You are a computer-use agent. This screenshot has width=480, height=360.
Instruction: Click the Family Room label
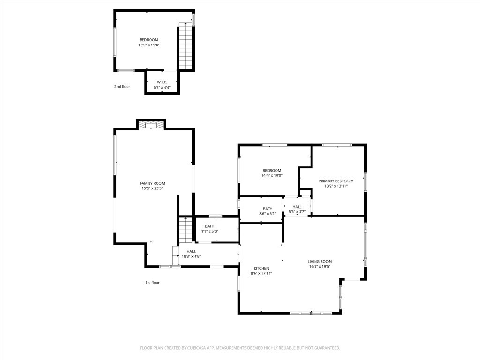click(152, 183)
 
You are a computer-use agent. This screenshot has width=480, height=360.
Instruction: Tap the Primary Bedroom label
click(336, 181)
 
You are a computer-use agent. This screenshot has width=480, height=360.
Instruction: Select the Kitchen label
click(261, 268)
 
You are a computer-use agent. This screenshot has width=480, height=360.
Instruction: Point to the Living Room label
click(320, 262)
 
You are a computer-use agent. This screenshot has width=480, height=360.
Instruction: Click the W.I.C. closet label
click(162, 82)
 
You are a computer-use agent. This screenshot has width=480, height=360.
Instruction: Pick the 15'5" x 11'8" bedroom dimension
click(149, 45)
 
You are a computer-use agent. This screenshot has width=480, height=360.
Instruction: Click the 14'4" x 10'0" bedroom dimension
click(272, 175)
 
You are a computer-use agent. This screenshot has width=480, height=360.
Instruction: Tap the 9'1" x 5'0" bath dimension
click(210, 231)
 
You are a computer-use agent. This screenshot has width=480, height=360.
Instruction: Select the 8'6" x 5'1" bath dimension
click(268, 214)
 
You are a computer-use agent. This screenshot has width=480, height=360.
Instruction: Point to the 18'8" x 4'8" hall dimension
click(191, 256)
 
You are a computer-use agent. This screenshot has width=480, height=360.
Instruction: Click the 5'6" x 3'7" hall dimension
click(297, 212)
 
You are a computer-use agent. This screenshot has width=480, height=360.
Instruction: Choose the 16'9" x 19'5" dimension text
click(320, 267)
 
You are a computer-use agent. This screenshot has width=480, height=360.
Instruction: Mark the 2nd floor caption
click(122, 87)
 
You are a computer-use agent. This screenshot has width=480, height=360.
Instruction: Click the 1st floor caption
click(152, 283)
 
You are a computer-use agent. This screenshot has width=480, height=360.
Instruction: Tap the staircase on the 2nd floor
click(186, 47)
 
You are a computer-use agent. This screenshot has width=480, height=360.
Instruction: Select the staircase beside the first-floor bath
click(186, 230)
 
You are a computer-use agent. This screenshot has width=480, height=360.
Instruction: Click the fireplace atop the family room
click(151, 125)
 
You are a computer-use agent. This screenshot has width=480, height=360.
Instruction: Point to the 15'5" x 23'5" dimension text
click(152, 188)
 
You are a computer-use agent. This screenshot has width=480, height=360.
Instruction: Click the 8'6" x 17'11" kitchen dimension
click(261, 273)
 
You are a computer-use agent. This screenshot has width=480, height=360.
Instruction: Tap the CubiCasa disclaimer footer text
click(240, 348)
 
